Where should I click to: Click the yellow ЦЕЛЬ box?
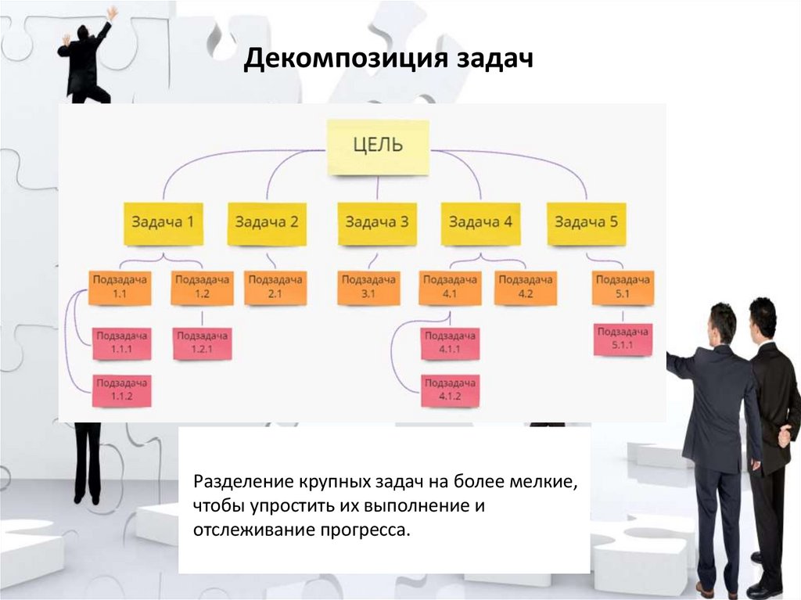point(378,146)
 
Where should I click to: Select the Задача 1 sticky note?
point(163,223)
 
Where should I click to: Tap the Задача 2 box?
point(268,223)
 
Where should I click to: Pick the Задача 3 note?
point(376,223)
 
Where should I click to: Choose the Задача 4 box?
point(480,223)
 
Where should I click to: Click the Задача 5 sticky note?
point(586,223)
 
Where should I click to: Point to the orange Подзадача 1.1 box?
point(120,286)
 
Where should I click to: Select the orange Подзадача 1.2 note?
point(202,286)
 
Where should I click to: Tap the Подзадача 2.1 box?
point(274,286)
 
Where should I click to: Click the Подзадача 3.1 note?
point(368,286)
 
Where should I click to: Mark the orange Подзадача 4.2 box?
point(525,286)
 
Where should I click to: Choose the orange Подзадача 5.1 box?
point(623,286)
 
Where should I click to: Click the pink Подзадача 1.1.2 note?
point(121,390)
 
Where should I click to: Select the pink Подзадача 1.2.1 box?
point(203,343)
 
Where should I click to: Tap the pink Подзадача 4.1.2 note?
point(450,390)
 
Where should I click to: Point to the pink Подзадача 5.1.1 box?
point(623,338)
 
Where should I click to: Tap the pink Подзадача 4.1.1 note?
point(450,343)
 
